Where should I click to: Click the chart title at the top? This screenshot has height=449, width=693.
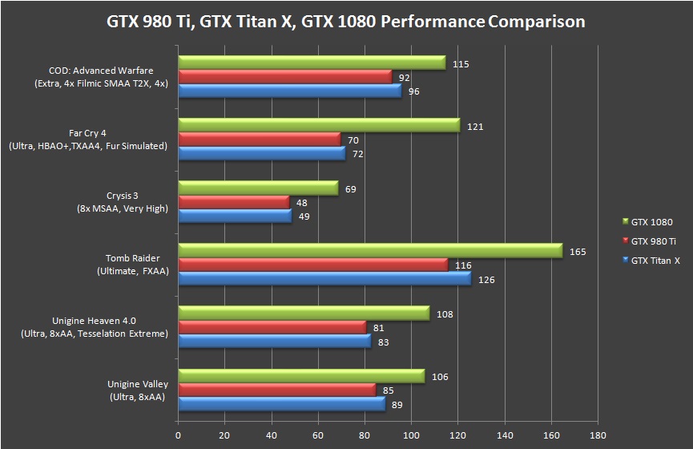point(346,21)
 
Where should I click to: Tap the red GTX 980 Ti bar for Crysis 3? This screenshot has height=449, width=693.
point(233,202)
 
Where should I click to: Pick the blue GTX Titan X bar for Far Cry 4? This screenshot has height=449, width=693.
point(261,153)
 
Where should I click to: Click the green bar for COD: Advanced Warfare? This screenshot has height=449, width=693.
point(312,63)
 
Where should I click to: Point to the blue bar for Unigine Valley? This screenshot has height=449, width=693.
point(281,405)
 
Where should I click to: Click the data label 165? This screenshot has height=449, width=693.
point(578,252)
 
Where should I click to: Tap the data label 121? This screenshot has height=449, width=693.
point(475,127)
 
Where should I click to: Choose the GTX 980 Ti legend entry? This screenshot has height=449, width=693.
point(651,241)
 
